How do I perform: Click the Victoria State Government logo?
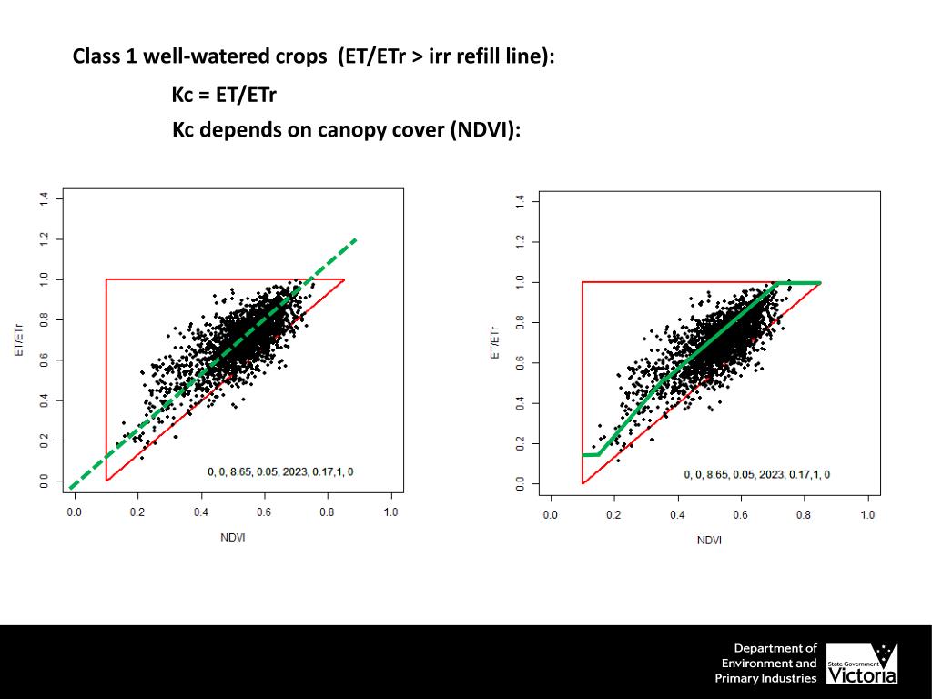click(x=861, y=664)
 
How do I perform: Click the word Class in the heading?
click(x=97, y=56)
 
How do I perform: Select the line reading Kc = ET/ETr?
click(x=224, y=94)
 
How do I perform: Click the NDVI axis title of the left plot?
click(x=232, y=537)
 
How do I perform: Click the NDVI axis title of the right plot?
click(x=709, y=540)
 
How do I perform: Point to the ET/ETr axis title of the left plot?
click(x=19, y=339)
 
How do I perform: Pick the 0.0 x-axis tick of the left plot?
click(x=74, y=512)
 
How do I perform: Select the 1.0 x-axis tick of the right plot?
click(x=867, y=515)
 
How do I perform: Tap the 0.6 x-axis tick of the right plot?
click(x=741, y=515)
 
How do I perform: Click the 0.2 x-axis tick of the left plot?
click(x=137, y=512)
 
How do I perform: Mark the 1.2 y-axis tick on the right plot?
click(x=519, y=242)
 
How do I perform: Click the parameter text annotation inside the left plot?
click(x=280, y=471)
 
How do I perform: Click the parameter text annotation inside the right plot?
click(x=756, y=474)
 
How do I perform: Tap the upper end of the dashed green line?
click(x=355, y=240)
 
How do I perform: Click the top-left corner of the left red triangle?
click(x=106, y=279)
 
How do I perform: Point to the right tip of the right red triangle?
click(x=820, y=283)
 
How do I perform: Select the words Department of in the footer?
click(x=775, y=648)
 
